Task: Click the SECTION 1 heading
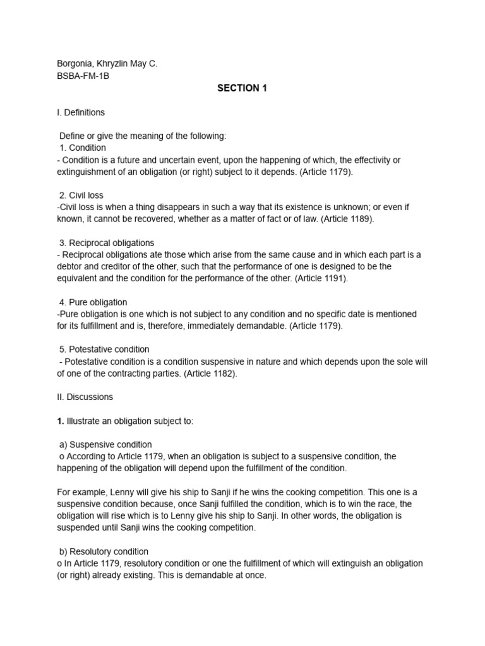tap(242, 88)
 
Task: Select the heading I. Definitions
tap(81, 112)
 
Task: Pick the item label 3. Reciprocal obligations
tap(109, 243)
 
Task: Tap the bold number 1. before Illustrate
tap(60, 421)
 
